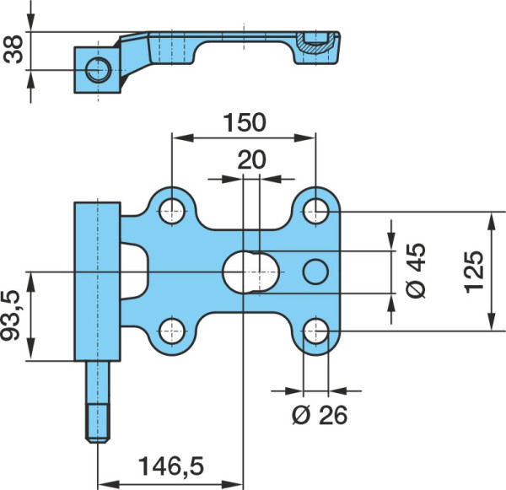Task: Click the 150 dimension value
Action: coord(245,122)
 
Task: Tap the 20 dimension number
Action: coord(251,159)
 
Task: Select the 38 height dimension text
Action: coord(13,50)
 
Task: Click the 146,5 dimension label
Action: coord(171,466)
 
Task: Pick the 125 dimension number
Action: coord(474,272)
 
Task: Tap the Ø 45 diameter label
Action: coord(416,272)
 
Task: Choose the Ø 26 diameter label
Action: coord(320,415)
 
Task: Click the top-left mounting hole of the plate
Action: coord(172,212)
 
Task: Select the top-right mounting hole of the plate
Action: coord(316,212)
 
